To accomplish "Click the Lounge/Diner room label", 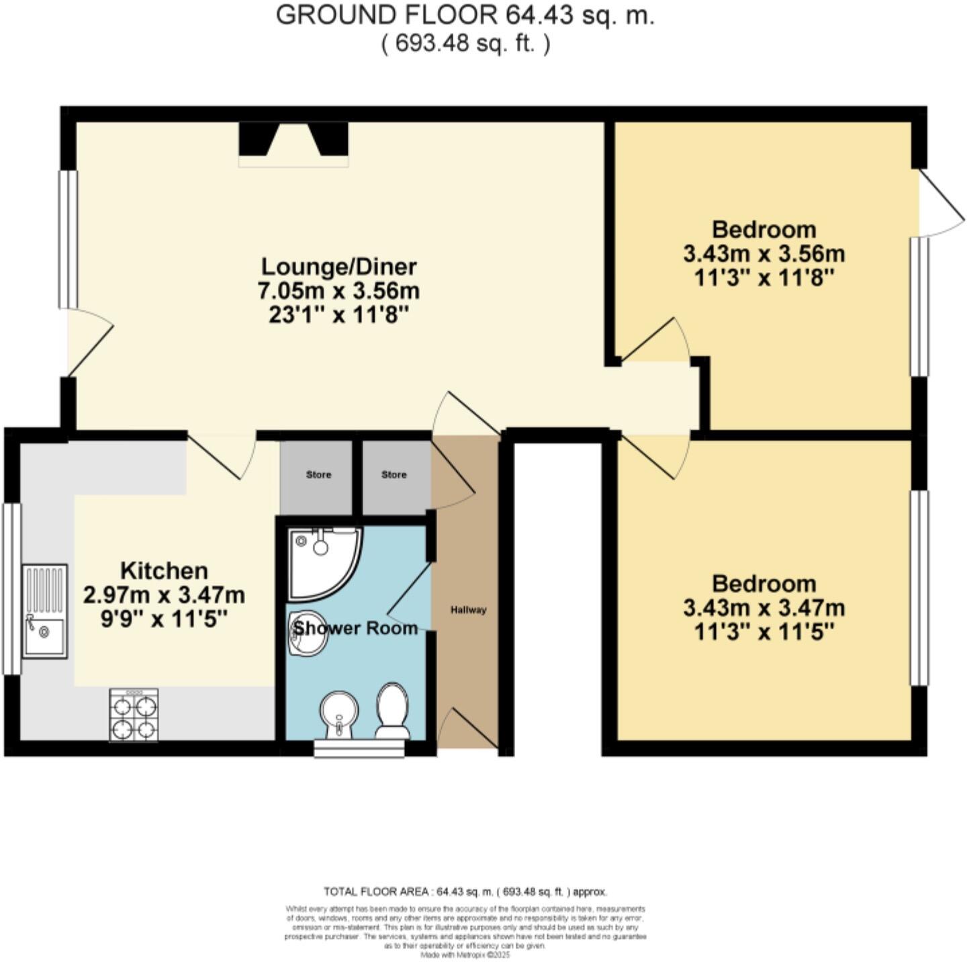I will [338, 267].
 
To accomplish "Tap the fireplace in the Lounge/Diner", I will [294, 142].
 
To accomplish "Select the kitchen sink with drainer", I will [45, 611].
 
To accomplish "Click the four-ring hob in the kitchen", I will [134, 715].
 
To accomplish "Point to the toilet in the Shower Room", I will [393, 711].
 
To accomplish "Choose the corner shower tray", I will [321, 561].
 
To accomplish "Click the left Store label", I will [318, 475].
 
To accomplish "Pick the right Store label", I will [394, 475].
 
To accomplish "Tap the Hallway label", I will [468, 610].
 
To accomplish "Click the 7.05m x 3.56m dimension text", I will [338, 291].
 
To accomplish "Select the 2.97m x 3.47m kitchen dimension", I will [164, 595].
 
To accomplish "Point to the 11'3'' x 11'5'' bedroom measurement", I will [764, 631].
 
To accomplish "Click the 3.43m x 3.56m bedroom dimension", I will [764, 254].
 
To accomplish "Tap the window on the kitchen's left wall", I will [11, 588].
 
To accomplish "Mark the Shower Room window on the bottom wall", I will [359, 748].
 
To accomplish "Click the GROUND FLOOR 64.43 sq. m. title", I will [465, 15].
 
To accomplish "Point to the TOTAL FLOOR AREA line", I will [465, 892].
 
